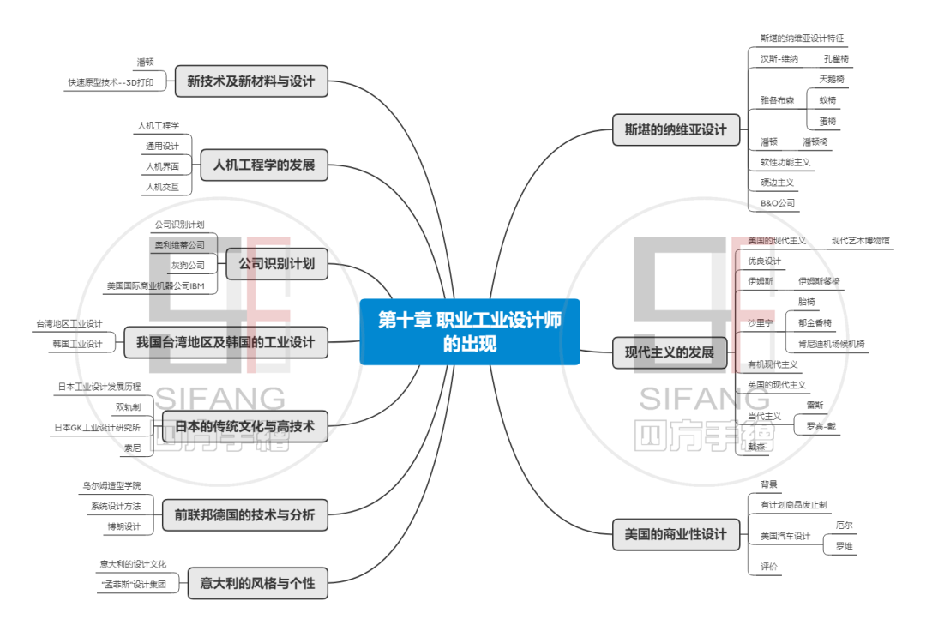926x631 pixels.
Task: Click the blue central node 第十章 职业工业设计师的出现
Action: [469, 332]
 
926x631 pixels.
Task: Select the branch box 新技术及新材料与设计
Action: [251, 82]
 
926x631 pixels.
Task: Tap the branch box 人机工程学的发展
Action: [264, 165]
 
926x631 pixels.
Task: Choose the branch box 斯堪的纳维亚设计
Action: [669, 130]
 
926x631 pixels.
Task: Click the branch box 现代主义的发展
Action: [669, 352]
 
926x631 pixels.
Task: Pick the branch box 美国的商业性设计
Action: [669, 534]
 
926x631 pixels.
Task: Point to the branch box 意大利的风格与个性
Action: [257, 584]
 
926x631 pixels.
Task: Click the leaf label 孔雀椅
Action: [836, 59]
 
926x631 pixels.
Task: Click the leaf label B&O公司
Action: [778, 204]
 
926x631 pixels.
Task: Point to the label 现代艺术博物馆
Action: [860, 241]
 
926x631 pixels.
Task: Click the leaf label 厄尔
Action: [844, 525]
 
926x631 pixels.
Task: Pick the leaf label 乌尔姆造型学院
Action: [111, 486]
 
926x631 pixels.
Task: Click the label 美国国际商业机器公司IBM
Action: [155, 286]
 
